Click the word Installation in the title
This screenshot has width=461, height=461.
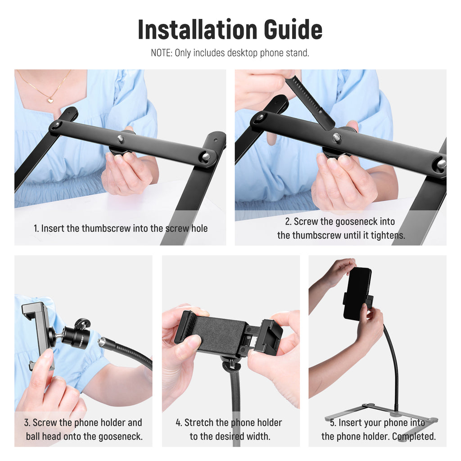pyautogui.click(x=197, y=30)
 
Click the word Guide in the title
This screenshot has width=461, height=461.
pyautogui.click(x=293, y=30)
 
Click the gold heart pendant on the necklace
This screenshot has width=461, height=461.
pyautogui.click(x=50, y=100)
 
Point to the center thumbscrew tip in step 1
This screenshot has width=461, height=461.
pyautogui.click(x=121, y=138)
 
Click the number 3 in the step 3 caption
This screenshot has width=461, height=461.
pyautogui.click(x=27, y=423)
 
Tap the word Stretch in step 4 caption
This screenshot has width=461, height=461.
pyautogui.click(x=199, y=423)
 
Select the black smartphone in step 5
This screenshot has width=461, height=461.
pyautogui.click(x=357, y=294)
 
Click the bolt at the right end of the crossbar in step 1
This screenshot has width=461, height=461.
pyautogui.click(x=206, y=156)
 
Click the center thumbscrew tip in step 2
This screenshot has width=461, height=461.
pyautogui.click(x=337, y=137)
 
